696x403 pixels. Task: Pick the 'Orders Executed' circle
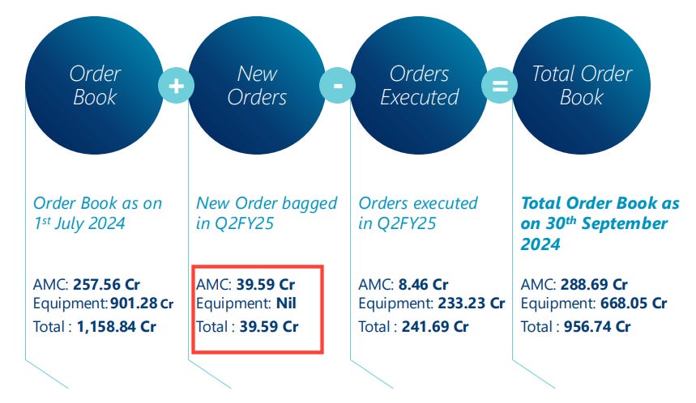coord(420,86)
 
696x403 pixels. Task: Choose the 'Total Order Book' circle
coord(582,86)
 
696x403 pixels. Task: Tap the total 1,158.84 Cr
coord(115,327)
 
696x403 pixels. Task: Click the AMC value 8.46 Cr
coord(423,285)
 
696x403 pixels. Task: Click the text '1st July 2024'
coord(79,223)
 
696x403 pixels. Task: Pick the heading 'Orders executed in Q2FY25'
coord(418,213)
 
